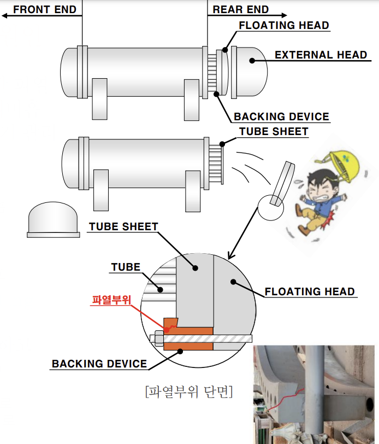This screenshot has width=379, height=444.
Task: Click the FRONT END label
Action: point(45,9)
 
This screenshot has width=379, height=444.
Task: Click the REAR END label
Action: point(240,9)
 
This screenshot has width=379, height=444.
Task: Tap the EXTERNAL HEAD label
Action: point(321,55)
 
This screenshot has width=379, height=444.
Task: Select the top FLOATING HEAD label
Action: point(284,25)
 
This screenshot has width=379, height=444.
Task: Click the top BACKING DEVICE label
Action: point(281,116)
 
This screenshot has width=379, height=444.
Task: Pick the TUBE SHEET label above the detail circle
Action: point(123,226)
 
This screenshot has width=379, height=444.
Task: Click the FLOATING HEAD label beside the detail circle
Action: point(310,291)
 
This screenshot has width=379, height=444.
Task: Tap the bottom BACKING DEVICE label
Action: point(99,364)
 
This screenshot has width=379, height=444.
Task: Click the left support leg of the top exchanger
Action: point(99,98)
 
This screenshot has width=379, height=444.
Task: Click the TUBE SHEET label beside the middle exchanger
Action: point(274,132)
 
